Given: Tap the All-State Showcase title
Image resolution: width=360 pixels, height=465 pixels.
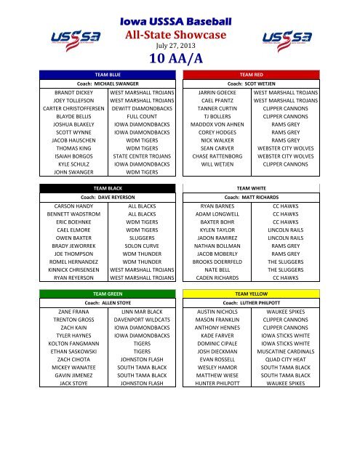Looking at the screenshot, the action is point(179,33).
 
